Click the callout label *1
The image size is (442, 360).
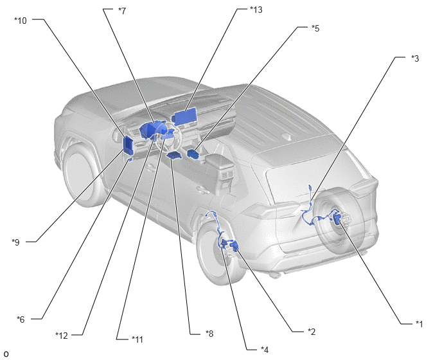(419, 324)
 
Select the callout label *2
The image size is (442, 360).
(312, 332)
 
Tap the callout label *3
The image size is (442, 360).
(415, 59)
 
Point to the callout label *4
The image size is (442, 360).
(265, 350)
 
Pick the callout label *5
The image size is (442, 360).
(315, 28)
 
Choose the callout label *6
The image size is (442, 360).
(21, 319)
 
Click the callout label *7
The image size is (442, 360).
(122, 11)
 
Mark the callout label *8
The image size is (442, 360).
(209, 334)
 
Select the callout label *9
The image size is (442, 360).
(16, 242)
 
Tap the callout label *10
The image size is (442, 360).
(21, 21)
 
